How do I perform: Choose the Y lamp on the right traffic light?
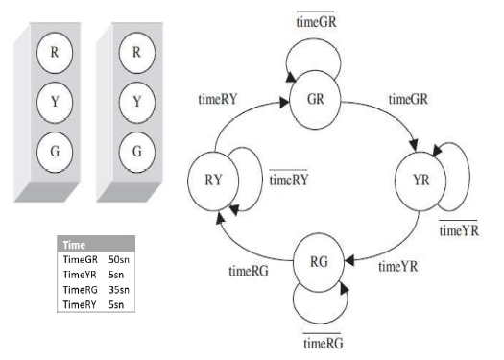tap(136, 99)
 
